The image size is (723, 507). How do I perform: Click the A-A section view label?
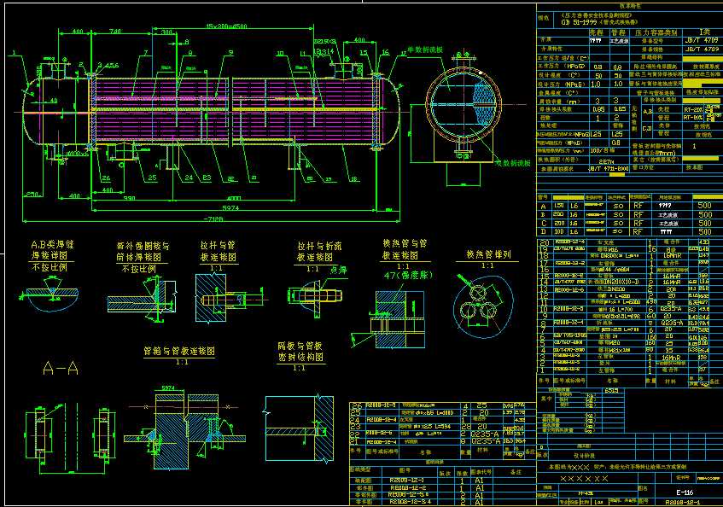point(61,368)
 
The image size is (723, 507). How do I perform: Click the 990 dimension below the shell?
point(130,198)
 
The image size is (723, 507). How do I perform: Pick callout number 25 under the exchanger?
point(151,178)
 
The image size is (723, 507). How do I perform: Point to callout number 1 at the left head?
point(15,53)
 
